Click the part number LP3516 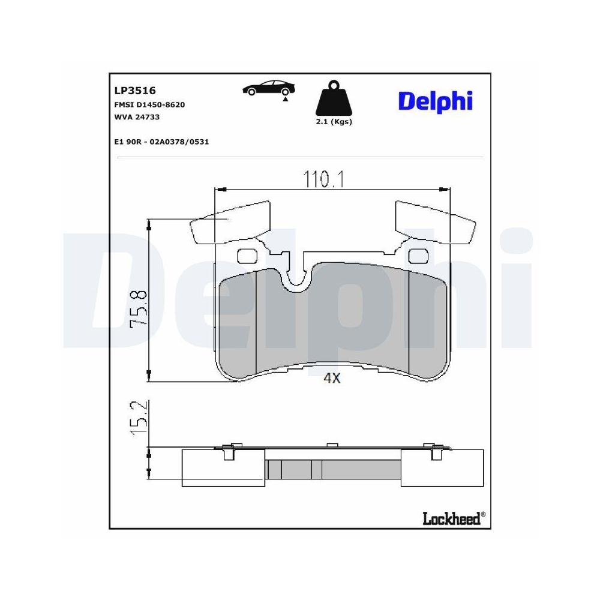tap(135, 91)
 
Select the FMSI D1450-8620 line tap(149, 104)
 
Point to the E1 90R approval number tap(161, 142)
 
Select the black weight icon tap(334, 99)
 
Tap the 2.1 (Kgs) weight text tap(334, 122)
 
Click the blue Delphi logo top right tap(435, 101)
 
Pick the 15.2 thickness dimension tap(139, 418)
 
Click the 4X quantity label tap(332, 378)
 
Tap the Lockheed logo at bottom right tap(454, 518)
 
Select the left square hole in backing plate tap(247, 256)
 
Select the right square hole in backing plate tap(416, 256)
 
